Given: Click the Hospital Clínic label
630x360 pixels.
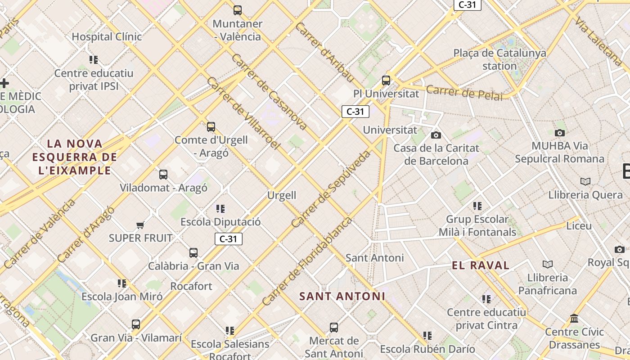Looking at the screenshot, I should click(x=107, y=36).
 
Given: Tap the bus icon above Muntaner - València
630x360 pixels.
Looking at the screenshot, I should click(x=238, y=10).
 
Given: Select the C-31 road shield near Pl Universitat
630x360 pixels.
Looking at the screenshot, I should click(x=355, y=112).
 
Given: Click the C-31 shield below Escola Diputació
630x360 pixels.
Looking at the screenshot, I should click(x=228, y=239).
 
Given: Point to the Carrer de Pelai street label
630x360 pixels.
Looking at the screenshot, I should click(x=464, y=92).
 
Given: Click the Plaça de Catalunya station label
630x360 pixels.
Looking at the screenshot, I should click(x=499, y=59).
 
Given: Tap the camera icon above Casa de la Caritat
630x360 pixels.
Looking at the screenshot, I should click(x=436, y=135).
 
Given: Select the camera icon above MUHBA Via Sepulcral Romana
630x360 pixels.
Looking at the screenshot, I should click(x=559, y=133).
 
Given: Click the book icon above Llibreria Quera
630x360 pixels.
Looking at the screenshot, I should click(x=585, y=181).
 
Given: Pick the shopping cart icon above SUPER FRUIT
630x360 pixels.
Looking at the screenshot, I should click(x=140, y=225).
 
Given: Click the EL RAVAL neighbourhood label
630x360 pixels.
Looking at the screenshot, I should click(x=481, y=265).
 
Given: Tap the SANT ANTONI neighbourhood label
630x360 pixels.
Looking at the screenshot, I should click(x=342, y=296).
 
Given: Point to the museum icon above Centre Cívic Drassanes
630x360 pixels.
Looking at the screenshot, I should click(x=574, y=319).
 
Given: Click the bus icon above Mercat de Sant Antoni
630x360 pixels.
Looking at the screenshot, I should click(x=333, y=327).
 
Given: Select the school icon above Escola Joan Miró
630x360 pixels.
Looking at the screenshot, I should click(x=122, y=283).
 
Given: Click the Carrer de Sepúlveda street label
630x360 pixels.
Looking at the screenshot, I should click(x=331, y=189).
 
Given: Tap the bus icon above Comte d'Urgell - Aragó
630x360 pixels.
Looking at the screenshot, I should click(x=211, y=126).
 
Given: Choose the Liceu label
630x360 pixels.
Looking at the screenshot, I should click(x=579, y=225).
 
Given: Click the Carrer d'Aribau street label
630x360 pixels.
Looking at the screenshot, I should click(x=325, y=52).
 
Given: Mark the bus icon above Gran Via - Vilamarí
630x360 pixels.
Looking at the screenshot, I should click(x=136, y=324).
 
